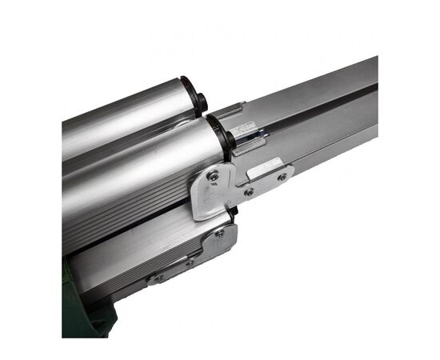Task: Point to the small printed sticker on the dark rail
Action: coord(244,130)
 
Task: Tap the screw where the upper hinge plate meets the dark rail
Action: coord(249,192)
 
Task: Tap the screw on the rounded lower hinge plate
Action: coord(219,233)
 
